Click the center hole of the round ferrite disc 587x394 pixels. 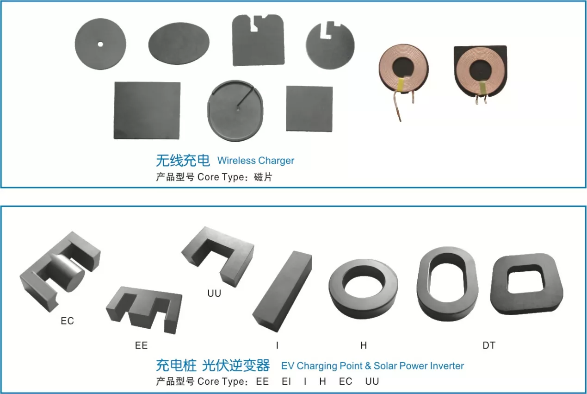point(100,44)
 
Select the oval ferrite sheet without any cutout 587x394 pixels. point(179,44)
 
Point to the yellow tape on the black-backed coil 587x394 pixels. point(483,88)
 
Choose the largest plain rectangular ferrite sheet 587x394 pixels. point(147,111)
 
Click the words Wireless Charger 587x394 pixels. point(256,161)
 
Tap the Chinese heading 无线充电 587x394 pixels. point(183,160)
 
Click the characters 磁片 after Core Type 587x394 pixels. point(263,177)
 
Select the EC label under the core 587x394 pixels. point(68,321)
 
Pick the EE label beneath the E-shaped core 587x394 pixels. point(141,345)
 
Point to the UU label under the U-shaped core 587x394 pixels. point(214,293)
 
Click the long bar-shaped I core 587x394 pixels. point(283,291)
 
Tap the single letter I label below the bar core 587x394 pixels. point(277,345)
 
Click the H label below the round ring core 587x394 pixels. point(364,345)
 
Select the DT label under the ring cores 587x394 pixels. point(489,345)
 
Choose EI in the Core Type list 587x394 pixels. point(286,381)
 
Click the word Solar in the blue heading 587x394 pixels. point(386,366)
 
